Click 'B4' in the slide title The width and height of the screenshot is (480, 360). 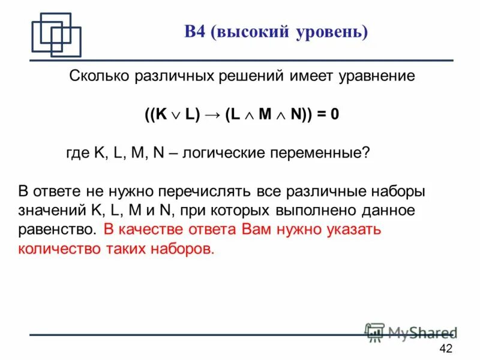(196, 32)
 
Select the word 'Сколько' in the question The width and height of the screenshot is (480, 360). (97, 76)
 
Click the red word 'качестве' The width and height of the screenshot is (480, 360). (152, 230)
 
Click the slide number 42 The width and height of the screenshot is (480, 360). (446, 349)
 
